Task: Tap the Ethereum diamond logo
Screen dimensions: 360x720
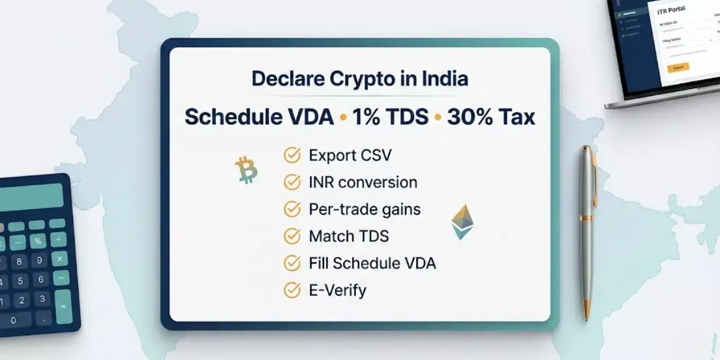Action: (460, 222)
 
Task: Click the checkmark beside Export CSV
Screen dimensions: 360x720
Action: (292, 155)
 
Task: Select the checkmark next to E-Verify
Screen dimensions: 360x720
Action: (292, 290)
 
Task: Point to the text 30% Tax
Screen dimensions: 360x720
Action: (491, 117)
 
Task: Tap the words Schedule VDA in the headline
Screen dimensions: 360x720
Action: (259, 117)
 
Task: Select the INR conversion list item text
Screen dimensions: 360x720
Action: (362, 182)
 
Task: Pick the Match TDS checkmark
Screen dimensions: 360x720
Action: (292, 236)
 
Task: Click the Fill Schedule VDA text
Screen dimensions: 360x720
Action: (372, 263)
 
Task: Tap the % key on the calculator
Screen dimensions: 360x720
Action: (38, 241)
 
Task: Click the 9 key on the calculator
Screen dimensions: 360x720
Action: (40, 260)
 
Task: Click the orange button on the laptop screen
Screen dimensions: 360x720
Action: (678, 68)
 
